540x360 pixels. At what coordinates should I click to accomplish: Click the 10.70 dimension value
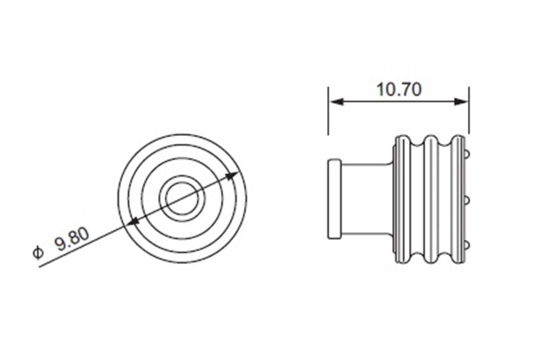coord(399,89)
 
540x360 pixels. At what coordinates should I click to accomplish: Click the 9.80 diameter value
coord(72,240)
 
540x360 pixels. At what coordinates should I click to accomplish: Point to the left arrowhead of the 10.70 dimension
coord(336,102)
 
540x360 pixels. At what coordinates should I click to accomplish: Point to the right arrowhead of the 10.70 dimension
coord(461,102)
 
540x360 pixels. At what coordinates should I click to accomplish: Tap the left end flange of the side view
coord(334,199)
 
